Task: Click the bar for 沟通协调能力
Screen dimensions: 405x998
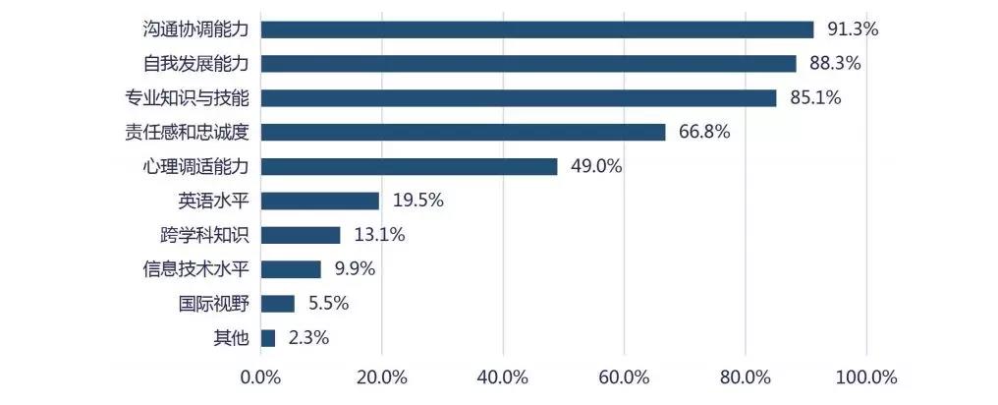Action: pos(537,29)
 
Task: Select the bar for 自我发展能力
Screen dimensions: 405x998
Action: pos(528,64)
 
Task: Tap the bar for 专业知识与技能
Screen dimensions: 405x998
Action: pos(519,98)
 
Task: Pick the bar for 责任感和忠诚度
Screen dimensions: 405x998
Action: pos(463,132)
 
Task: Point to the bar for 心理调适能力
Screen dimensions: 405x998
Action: pos(409,166)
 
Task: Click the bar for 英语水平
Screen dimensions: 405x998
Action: pos(319,201)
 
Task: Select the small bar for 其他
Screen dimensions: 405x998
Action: pos(268,338)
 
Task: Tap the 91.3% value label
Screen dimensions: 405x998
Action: pos(852,29)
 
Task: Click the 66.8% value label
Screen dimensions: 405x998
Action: pos(703,132)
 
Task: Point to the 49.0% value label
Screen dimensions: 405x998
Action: pos(595,166)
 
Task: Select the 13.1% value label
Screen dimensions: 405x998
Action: pos(378,235)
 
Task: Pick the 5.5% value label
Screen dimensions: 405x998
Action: pos(328,304)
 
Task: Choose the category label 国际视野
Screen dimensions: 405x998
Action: pos(213,304)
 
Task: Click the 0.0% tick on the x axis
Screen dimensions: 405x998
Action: pos(260,377)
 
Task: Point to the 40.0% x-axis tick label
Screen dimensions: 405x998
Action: pos(503,377)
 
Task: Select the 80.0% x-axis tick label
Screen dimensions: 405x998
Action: pos(746,377)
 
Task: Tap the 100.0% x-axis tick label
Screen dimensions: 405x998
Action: pos(866,377)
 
